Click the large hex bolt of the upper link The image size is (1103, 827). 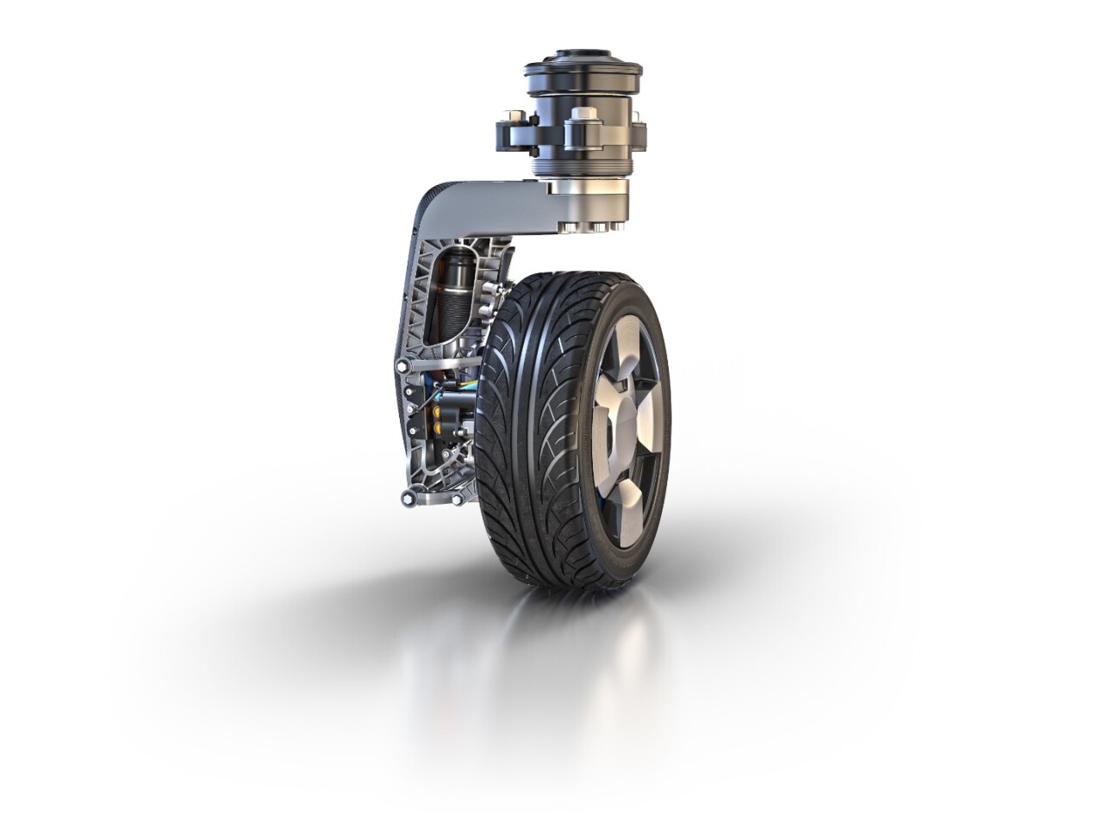pyautogui.click(x=403, y=368)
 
